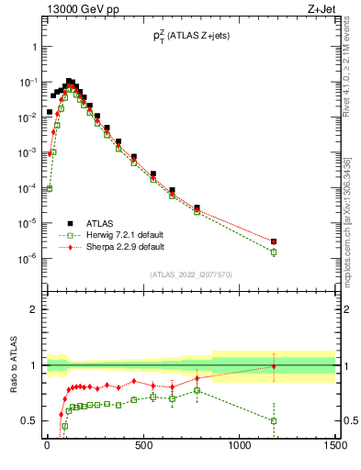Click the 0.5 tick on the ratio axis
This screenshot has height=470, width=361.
pyautogui.click(x=30, y=420)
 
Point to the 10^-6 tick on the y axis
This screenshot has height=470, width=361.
pyautogui.click(x=30, y=258)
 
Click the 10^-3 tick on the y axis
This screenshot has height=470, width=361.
pyautogui.click(x=30, y=152)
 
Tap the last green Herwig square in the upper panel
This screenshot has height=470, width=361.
pyautogui.click(x=274, y=252)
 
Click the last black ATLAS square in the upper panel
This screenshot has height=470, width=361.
pyautogui.click(x=274, y=241)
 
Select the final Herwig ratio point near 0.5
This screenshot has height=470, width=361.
pyautogui.click(x=274, y=420)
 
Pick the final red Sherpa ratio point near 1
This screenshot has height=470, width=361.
pyautogui.click(x=274, y=366)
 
